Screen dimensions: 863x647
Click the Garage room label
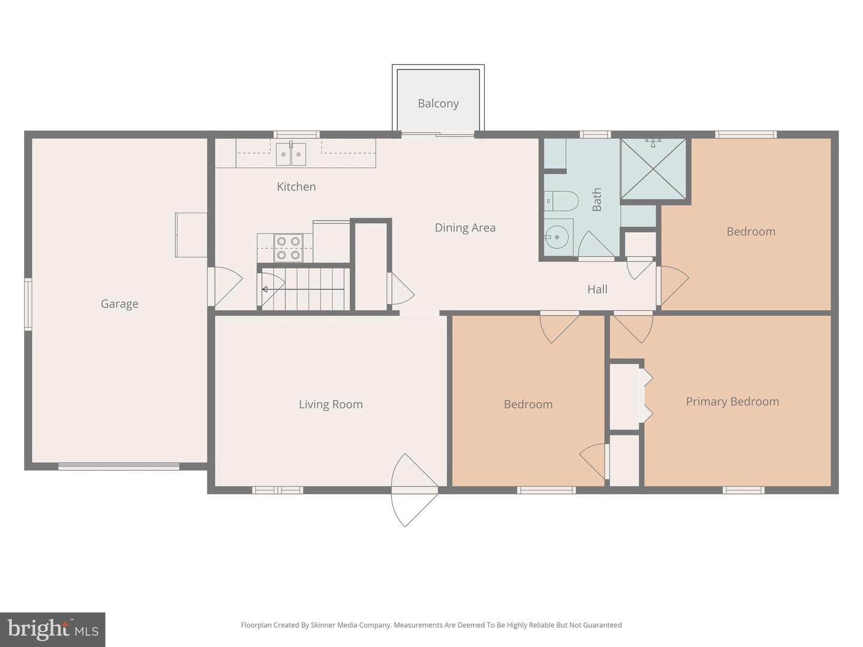[119, 304]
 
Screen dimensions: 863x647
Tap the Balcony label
[438, 104]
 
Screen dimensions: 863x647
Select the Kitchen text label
[296, 186]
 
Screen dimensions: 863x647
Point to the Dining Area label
[465, 228]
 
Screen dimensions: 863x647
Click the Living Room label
[331, 404]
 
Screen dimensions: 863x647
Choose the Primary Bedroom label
[732, 402]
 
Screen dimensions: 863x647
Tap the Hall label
[598, 289]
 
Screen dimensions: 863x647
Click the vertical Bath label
[597, 199]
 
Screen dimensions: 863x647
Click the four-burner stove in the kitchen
[288, 248]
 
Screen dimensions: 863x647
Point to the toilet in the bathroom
[562, 201]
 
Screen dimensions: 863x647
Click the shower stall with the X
[653, 169]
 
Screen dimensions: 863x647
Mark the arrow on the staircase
[303, 289]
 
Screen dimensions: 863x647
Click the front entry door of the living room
[414, 490]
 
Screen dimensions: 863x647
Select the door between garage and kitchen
[225, 286]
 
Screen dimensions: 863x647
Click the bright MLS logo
[53, 629]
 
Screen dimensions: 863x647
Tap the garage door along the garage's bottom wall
[119, 466]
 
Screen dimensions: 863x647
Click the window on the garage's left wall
[28, 304]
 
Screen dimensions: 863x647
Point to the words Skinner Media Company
[351, 625]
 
